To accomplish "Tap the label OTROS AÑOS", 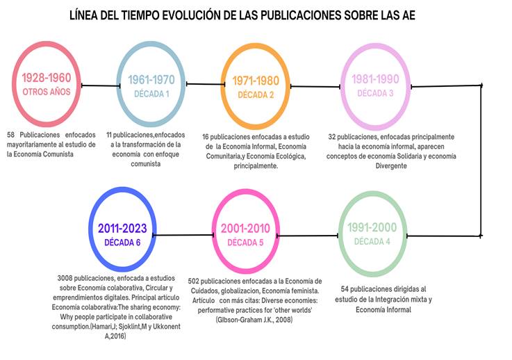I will pyautogui.click(x=46, y=92).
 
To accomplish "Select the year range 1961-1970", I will pyautogui.click(x=151, y=80).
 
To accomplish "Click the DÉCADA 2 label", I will pyautogui.click(x=256, y=95).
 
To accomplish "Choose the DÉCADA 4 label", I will pyautogui.click(x=374, y=241).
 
